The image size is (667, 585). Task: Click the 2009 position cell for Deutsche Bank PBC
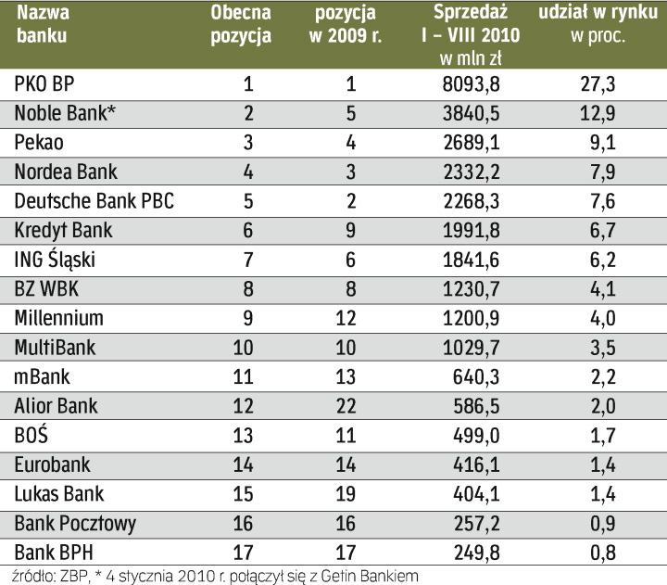(x=350, y=202)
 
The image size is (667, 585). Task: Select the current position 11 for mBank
(x=247, y=377)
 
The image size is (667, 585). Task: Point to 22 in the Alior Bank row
(x=350, y=406)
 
